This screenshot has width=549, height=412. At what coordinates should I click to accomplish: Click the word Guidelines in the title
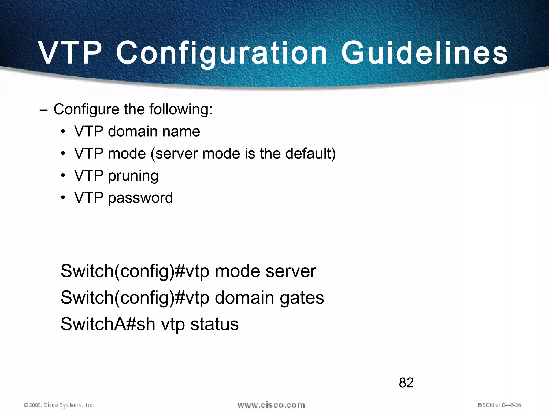424,53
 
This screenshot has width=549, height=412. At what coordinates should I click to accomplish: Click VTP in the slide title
70,53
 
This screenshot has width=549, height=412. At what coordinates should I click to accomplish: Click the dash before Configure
43,110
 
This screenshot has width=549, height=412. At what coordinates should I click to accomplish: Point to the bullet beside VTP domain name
63,132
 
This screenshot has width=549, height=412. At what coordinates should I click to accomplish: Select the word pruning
133,176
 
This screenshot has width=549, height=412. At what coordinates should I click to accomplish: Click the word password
140,198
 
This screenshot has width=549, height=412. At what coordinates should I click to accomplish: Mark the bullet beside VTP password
63,198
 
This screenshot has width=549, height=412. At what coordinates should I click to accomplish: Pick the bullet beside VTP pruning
63,176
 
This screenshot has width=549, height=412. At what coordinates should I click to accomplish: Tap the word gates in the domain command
302,298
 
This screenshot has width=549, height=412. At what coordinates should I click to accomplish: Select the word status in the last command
214,324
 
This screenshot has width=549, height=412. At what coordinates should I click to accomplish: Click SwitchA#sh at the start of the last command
108,324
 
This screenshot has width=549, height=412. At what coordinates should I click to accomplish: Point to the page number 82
406,382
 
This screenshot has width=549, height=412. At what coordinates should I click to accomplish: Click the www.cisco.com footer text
271,405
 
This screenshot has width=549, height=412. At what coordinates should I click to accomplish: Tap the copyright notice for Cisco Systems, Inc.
59,405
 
